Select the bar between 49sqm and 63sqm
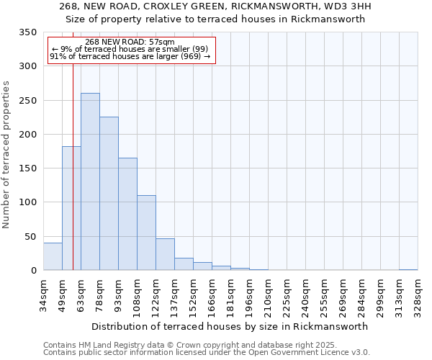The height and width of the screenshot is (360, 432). (x=71, y=208)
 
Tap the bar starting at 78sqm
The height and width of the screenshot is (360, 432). (x=109, y=194)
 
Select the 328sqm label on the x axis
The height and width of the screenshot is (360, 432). (x=418, y=295)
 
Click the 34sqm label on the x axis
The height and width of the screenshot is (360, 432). (x=43, y=295)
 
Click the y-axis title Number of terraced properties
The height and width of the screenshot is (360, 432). (x=7, y=155)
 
